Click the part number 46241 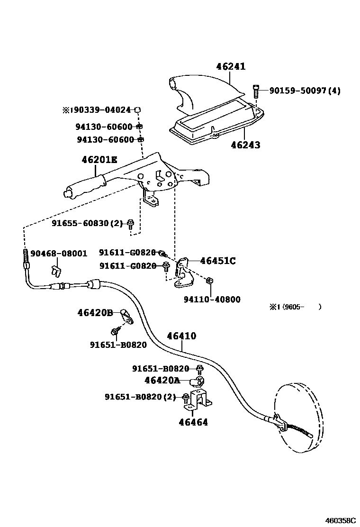coord(231,67)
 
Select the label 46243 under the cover coord(245,145)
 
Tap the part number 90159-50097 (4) coord(305,90)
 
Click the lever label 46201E coord(99,160)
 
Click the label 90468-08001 coord(59,253)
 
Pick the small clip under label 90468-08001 coord(55,271)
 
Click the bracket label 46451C coord(218,261)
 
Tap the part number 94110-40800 coord(212,299)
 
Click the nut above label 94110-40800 coord(210,282)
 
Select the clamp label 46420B coord(95,312)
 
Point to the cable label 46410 coord(181,336)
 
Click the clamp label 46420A coord(162,380)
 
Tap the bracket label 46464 coord(193,422)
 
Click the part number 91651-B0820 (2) coord(140,397)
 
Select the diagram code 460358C coord(340,520)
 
